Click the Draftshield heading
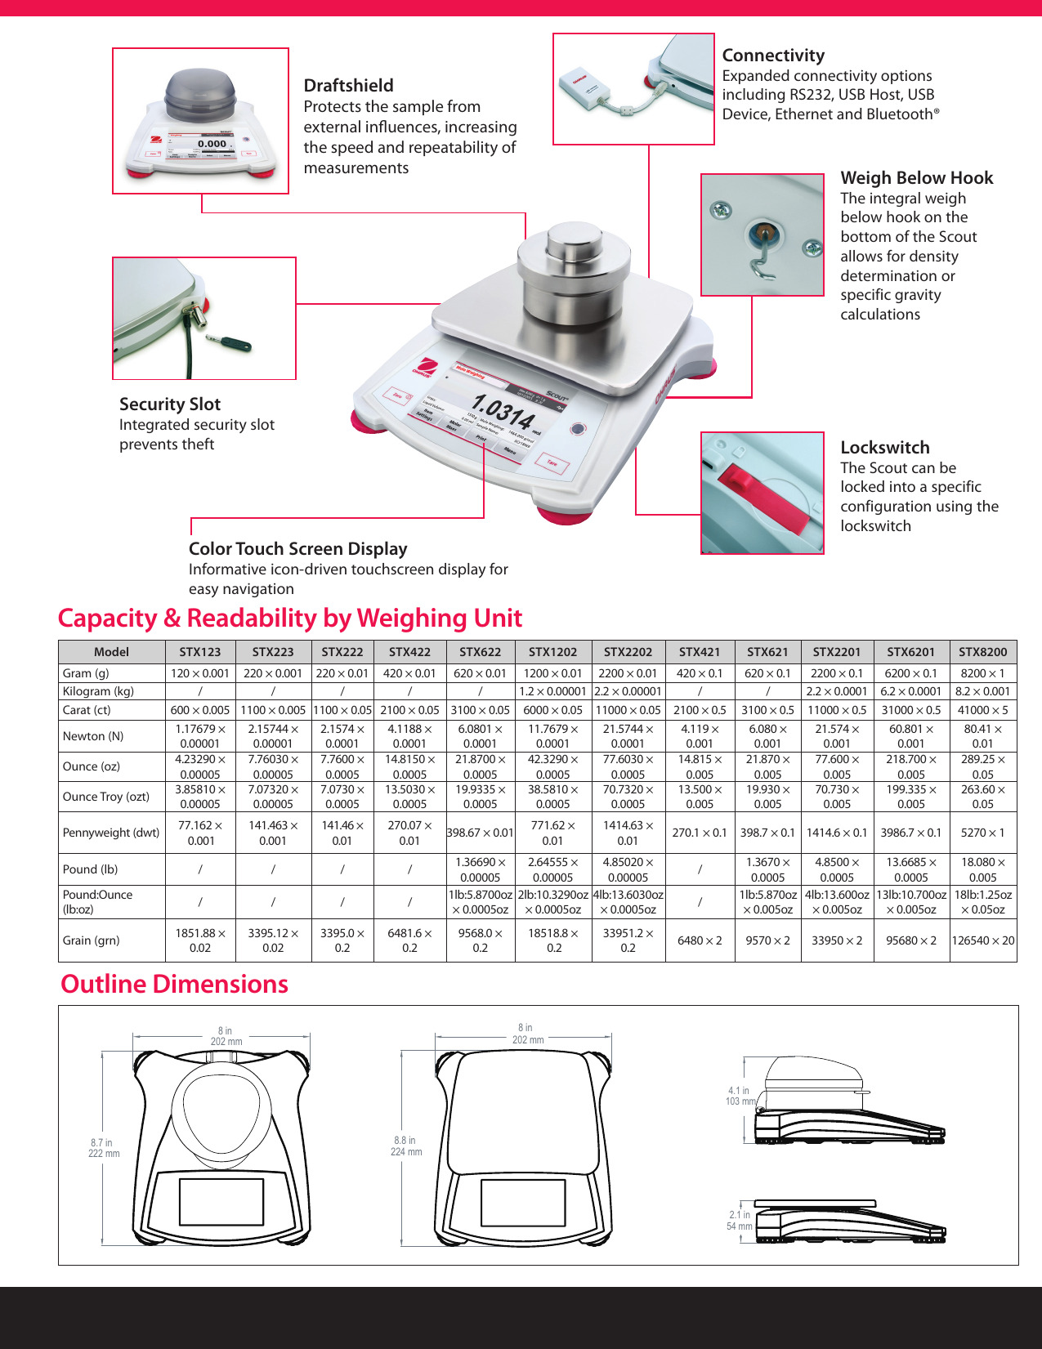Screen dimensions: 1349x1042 (348, 86)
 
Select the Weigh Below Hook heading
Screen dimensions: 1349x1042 (916, 178)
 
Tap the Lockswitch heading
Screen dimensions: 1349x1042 (884, 448)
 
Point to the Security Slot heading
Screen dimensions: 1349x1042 (170, 404)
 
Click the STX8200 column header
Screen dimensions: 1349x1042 (982, 652)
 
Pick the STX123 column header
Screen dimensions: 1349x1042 (200, 652)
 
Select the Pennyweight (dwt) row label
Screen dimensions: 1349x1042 (111, 833)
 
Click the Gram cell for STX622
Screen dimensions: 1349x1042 (480, 673)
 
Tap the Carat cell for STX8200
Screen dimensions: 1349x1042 (982, 710)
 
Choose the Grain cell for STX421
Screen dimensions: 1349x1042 (700, 940)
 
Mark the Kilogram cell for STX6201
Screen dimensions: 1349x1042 (910, 691)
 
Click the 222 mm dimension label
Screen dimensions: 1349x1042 (104, 1153)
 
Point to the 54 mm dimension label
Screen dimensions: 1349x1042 (739, 1226)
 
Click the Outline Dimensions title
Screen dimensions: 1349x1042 (174, 984)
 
